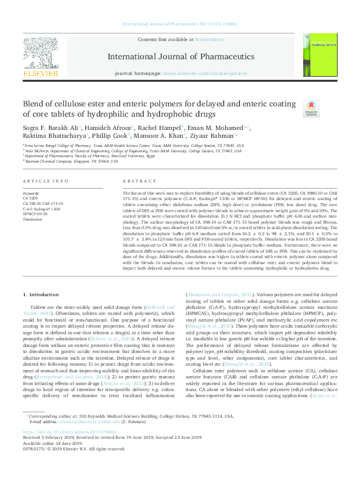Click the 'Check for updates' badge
(311, 108)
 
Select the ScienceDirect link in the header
(205, 39)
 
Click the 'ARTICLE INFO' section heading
(41, 181)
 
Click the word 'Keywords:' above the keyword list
(31, 193)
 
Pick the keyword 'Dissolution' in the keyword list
(33, 219)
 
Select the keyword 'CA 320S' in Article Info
(31, 198)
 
